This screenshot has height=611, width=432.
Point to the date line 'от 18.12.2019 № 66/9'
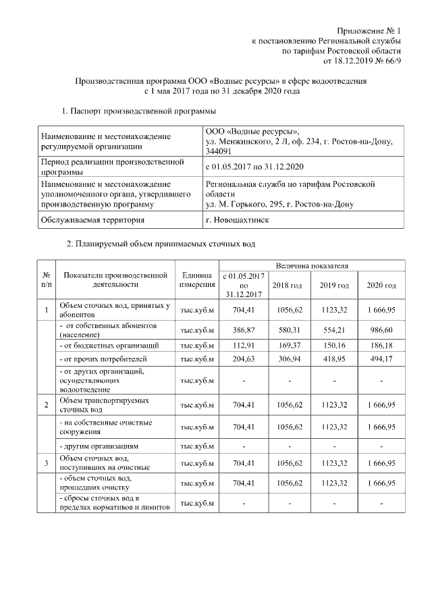pos(362,61)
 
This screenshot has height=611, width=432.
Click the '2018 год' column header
pos(287,286)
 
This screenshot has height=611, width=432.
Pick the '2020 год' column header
pos(381,286)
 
